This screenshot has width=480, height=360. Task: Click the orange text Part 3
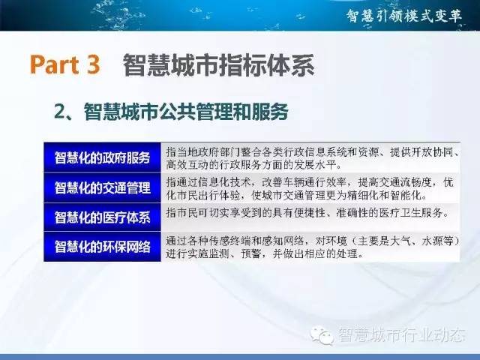[65, 64]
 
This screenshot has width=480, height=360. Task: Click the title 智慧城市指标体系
[218, 64]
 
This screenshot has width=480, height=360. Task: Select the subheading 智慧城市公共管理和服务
[186, 112]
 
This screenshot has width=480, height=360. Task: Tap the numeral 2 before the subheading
[61, 112]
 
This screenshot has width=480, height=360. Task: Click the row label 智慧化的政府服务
[102, 158]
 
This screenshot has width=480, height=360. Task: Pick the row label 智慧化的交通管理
[102, 187]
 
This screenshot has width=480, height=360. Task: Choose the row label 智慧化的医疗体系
[102, 217]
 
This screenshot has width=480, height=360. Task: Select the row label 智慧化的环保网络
[102, 247]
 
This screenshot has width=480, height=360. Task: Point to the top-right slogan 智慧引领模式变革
[404, 15]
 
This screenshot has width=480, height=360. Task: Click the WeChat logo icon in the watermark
[322, 335]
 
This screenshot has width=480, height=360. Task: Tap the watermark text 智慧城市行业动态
[402, 334]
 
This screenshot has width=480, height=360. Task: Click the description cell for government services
[310, 157]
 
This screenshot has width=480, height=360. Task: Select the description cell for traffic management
[310, 187]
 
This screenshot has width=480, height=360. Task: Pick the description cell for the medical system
[310, 217]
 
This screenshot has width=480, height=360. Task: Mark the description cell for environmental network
[310, 247]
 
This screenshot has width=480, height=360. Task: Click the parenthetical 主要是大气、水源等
[405, 241]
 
